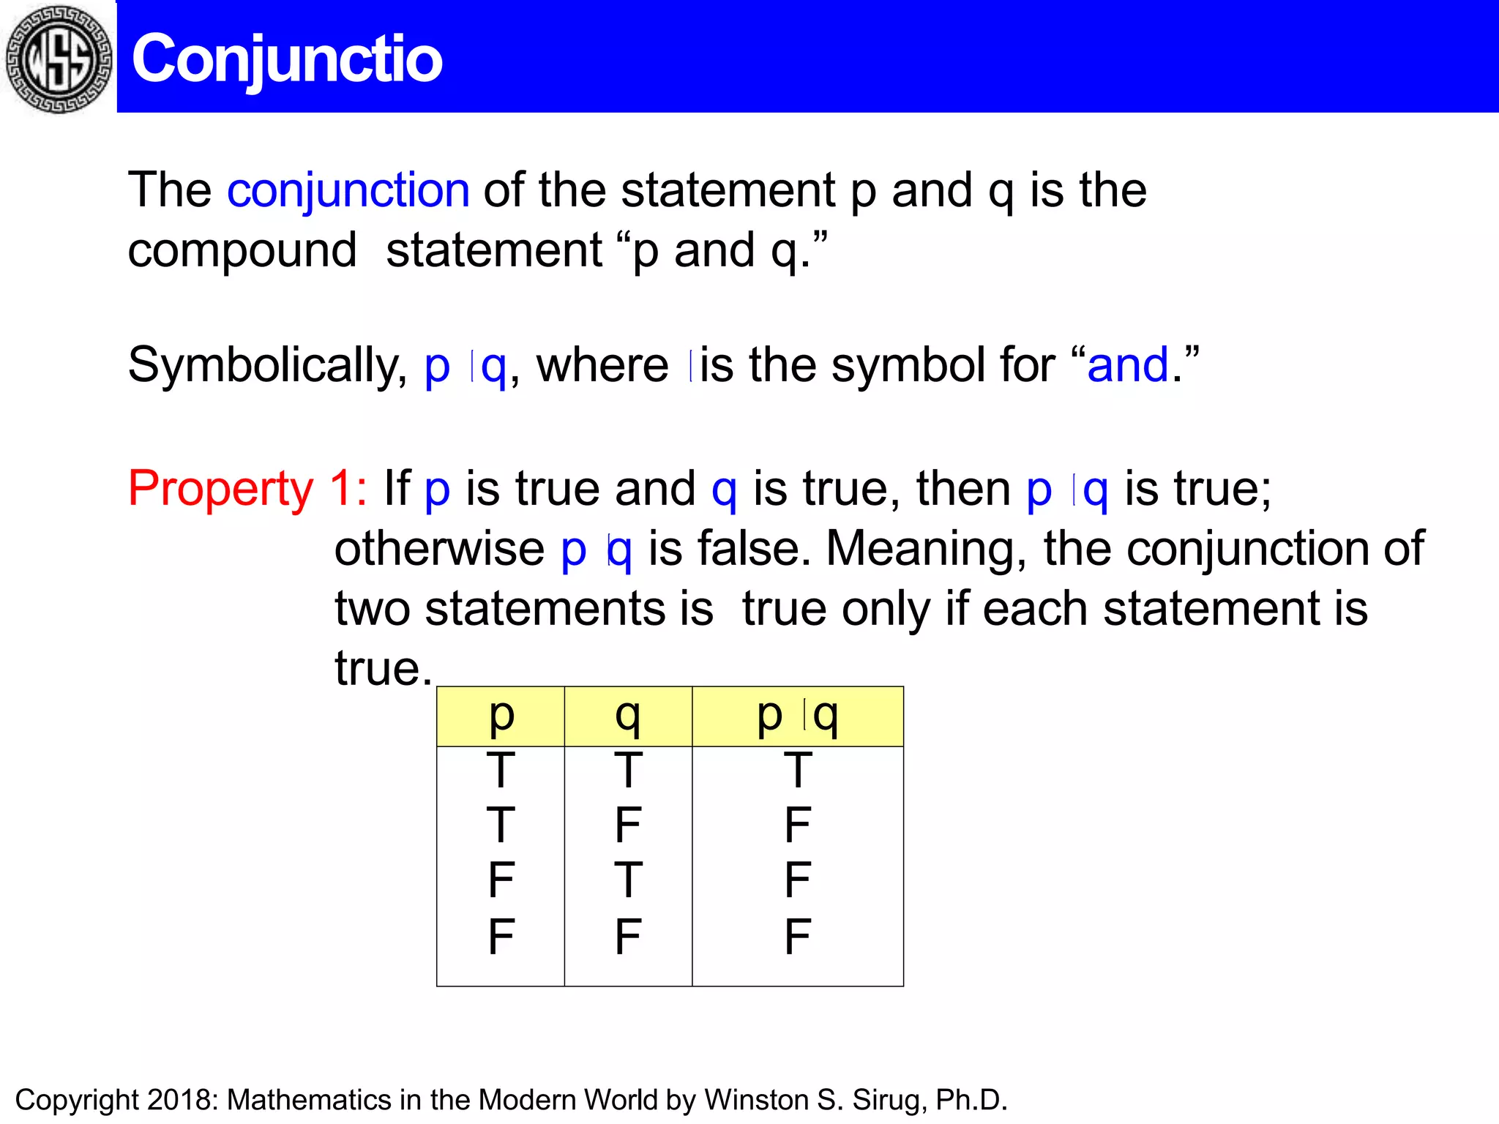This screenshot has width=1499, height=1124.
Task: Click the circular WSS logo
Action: pyautogui.click(x=59, y=59)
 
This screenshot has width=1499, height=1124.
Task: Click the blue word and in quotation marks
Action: pyautogui.click(x=1127, y=366)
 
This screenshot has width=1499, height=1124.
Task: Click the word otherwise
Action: pyautogui.click(x=439, y=550)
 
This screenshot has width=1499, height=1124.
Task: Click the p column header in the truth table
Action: pyautogui.click(x=501, y=716)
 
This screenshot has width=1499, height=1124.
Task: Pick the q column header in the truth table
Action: pyautogui.click(x=628, y=716)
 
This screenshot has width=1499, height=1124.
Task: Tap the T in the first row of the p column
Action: pyautogui.click(x=501, y=771)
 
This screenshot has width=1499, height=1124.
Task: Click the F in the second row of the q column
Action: pyautogui.click(x=628, y=825)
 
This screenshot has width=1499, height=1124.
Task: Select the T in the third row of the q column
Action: pyautogui.click(x=628, y=880)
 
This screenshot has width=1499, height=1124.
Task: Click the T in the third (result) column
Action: pyautogui.click(x=798, y=771)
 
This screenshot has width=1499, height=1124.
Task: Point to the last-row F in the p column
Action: pyautogui.click(x=501, y=937)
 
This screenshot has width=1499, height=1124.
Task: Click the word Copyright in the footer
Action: pyautogui.click(x=77, y=1100)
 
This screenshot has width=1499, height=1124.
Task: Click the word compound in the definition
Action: pyautogui.click(x=242, y=251)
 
